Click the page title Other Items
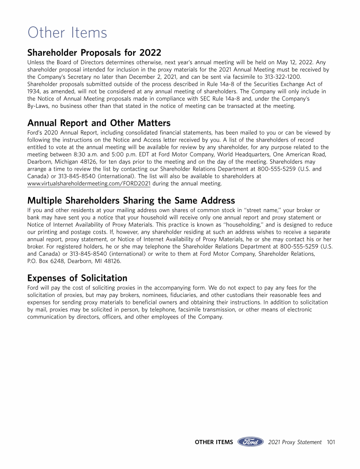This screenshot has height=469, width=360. point(67,33)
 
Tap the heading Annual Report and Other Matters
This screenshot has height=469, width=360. point(99,123)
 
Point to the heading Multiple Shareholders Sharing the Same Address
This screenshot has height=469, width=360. point(131,201)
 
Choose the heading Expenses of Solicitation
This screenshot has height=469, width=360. point(77,278)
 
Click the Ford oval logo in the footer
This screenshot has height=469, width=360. point(251,442)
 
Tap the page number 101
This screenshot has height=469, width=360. point(331,442)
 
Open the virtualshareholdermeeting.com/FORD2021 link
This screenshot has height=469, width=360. point(89,184)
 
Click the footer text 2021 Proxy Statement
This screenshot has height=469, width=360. point(295,442)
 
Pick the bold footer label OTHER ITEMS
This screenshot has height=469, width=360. point(214,442)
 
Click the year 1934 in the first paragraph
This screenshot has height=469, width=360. point(35,92)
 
